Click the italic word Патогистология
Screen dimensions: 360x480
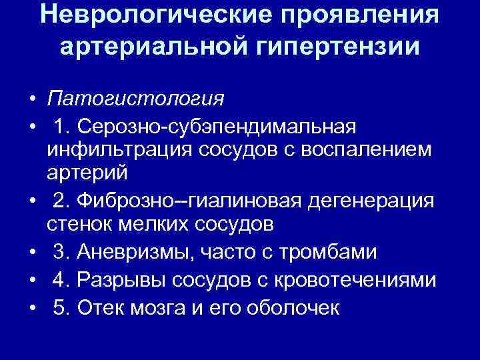[x=135, y=99]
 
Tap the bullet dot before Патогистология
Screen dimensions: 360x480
[x=32, y=100]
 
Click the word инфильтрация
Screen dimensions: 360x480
[x=119, y=150]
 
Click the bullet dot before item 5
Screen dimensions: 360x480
[x=32, y=308]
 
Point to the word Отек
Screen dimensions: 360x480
[x=99, y=307]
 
